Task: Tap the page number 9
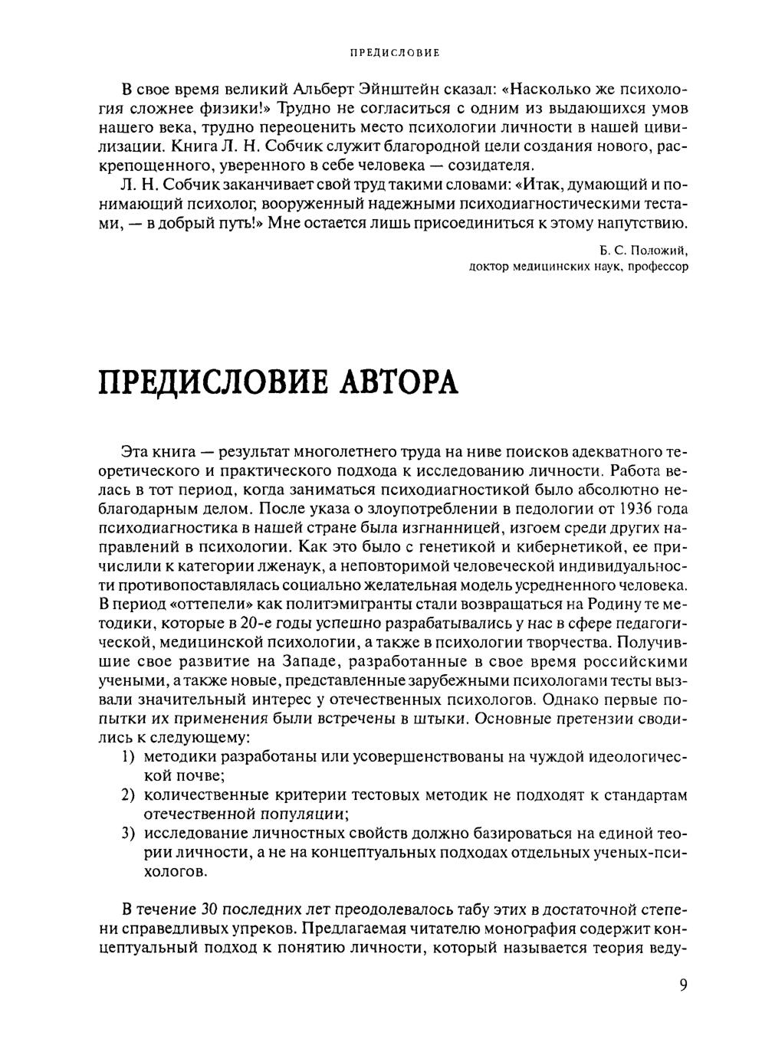point(683,985)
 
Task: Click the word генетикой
point(455,547)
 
